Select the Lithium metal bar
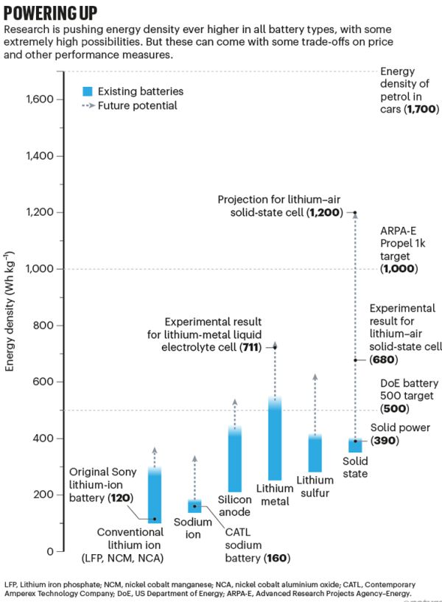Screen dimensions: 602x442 pyautogui.click(x=274, y=442)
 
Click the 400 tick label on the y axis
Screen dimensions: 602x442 pyautogui.click(x=45, y=438)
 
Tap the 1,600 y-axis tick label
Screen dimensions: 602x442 pyautogui.click(x=41, y=99)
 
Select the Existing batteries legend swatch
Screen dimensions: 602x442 pyautogui.click(x=88, y=91)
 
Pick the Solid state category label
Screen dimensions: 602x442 pyautogui.click(x=355, y=467)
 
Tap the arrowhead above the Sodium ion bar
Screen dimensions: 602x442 pyautogui.click(x=194, y=459)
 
